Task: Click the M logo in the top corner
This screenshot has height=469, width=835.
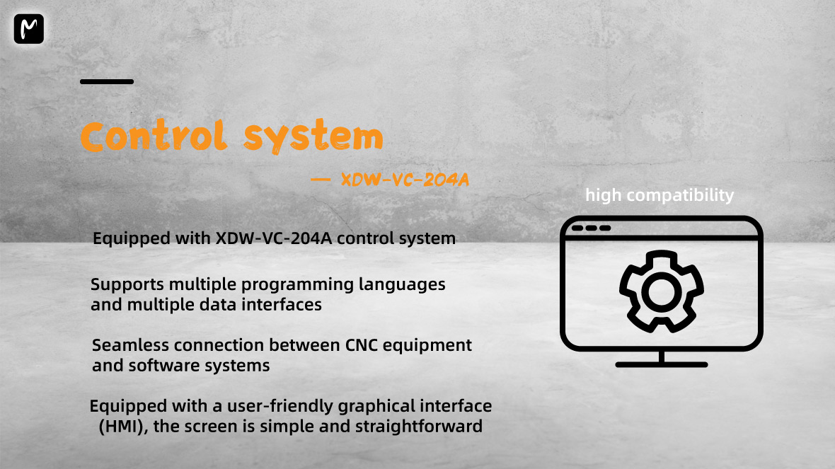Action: coord(28,29)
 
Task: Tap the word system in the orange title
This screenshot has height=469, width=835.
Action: coord(312,138)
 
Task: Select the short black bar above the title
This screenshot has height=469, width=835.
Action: coord(107,82)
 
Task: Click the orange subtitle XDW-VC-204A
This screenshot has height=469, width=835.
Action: coord(405,180)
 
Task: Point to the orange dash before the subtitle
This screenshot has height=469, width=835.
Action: coord(321,180)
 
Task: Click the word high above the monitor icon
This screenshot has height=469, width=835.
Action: coord(602,195)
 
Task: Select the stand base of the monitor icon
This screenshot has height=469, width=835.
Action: coord(662,364)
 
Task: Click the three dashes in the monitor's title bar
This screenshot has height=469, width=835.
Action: coord(591,228)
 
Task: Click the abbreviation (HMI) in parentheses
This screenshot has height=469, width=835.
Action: coord(120,427)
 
